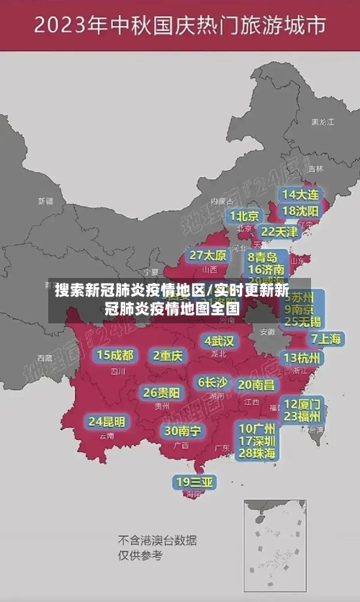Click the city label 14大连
pyautogui.click(x=300, y=194)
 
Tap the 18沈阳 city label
pyautogui.click(x=300, y=211)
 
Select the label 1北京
pyautogui.click(x=245, y=216)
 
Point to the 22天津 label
pyautogui.click(x=279, y=232)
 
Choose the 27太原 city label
pyautogui.click(x=208, y=256)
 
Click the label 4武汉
pyautogui.click(x=219, y=341)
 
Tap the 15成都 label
pyautogui.click(x=115, y=355)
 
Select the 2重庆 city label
pyautogui.click(x=168, y=355)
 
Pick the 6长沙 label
pyautogui.click(x=212, y=382)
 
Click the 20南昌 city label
pyautogui.click(x=256, y=385)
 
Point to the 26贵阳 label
pyautogui.click(x=161, y=392)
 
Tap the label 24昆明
pyautogui.click(x=107, y=421)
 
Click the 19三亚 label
pyautogui.click(x=194, y=482)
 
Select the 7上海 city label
pyautogui.click(x=326, y=339)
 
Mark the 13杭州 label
pyautogui.click(x=302, y=358)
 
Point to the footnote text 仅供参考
pyautogui.click(x=141, y=556)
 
